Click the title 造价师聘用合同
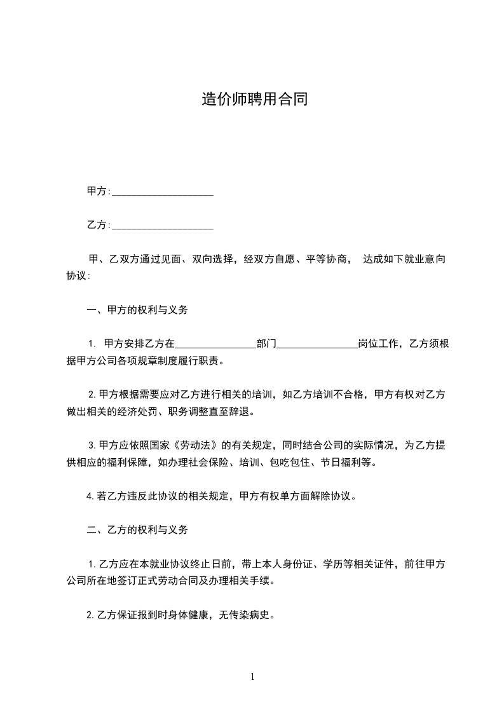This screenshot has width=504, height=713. tap(254, 99)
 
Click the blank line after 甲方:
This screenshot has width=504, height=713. tap(162, 191)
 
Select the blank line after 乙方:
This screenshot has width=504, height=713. tap(162, 225)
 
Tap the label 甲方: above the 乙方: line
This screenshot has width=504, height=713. tap(99, 191)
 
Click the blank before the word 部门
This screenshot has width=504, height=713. tap(215, 344)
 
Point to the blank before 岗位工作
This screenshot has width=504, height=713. tap(317, 344)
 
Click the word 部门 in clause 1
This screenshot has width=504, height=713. tap(266, 344)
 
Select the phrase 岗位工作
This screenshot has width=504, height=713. tap(378, 344)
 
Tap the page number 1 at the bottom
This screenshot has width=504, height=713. tap(252, 677)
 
